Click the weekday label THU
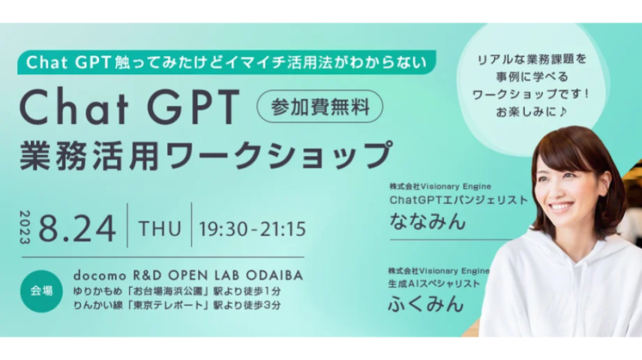coord(159,228)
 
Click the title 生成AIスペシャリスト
coord(434,283)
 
